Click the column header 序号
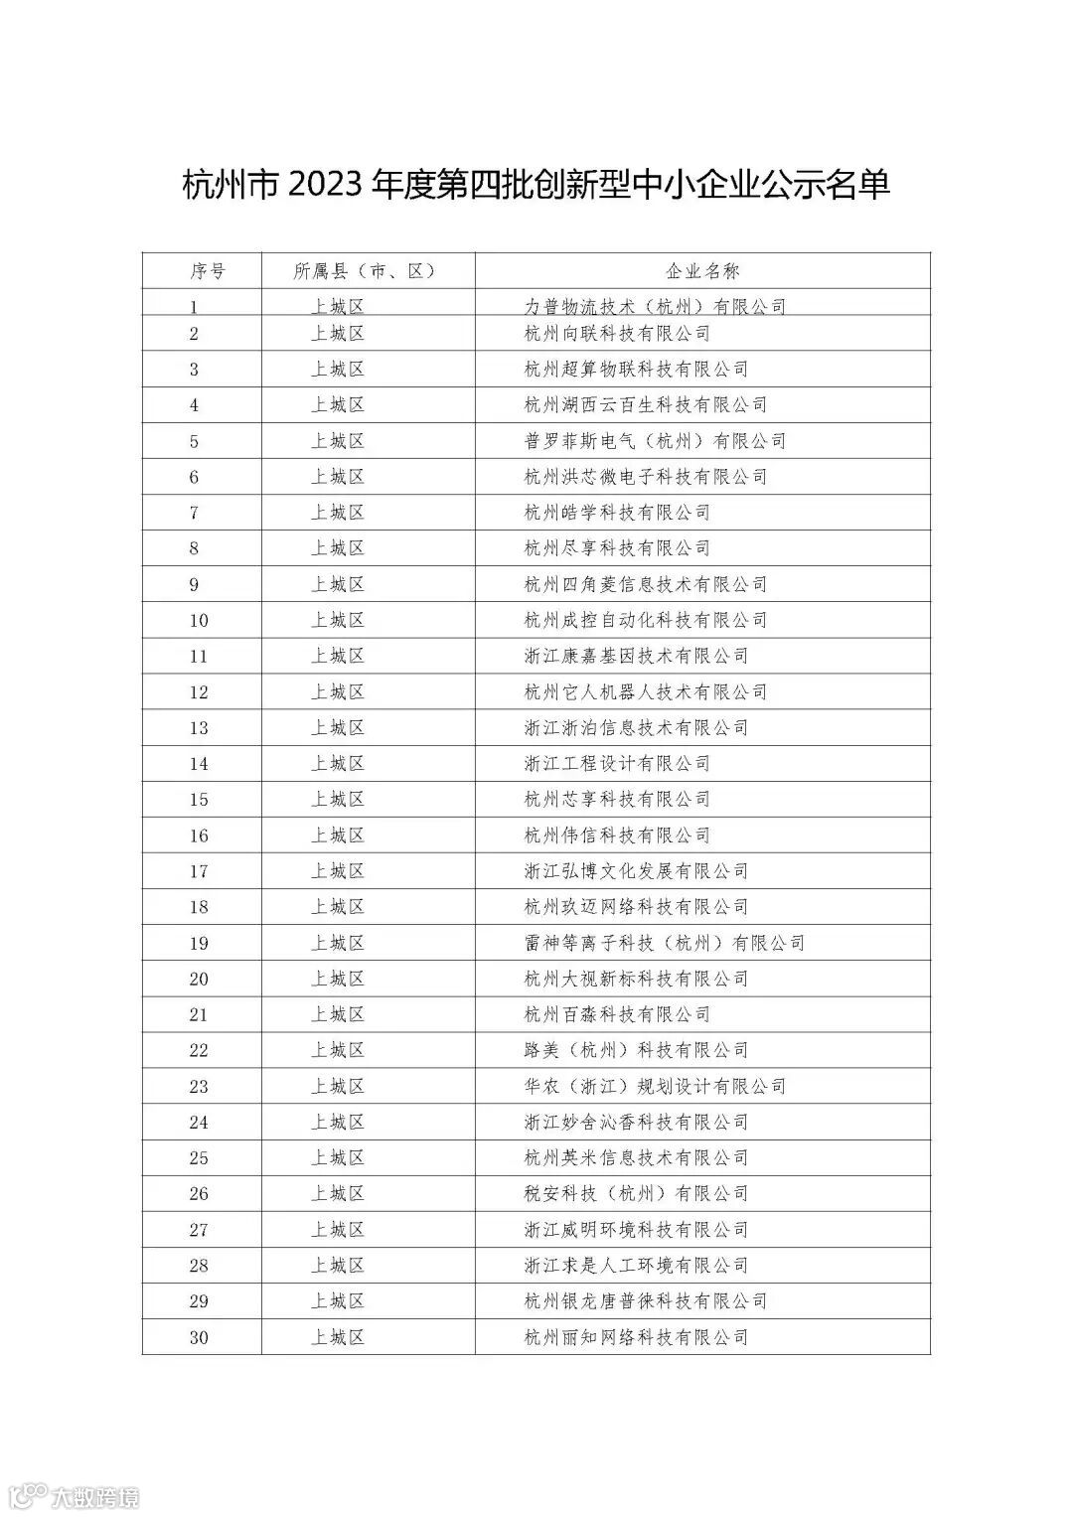(207, 271)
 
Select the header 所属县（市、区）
(366, 271)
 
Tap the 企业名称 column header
(701, 271)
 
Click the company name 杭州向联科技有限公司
(617, 334)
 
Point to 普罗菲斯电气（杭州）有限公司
(655, 441)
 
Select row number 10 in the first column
(199, 621)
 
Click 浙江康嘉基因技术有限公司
(636, 657)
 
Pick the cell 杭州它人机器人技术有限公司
(646, 692)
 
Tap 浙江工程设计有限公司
(617, 764)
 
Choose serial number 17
(199, 872)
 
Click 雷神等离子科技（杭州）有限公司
(664, 944)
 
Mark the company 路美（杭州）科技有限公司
(636, 1051)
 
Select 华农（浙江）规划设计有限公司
(655, 1087)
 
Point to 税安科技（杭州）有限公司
(636, 1194)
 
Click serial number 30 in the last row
(199, 1338)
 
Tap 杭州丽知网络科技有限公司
(636, 1338)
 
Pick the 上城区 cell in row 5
(338, 441)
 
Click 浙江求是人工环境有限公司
(636, 1266)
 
